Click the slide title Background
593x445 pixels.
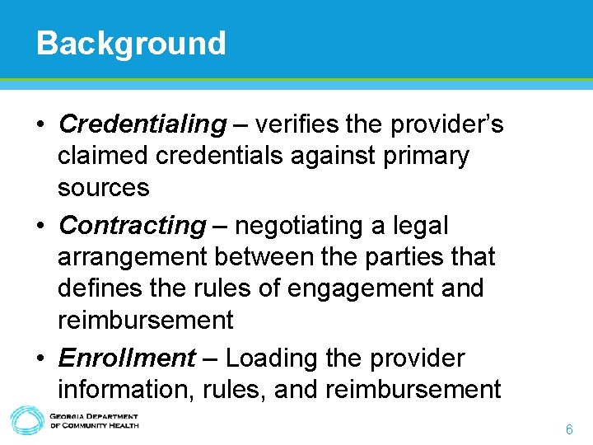(x=131, y=43)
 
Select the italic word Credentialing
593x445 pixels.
(x=142, y=124)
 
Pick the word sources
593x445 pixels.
(x=103, y=189)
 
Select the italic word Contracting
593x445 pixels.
(x=133, y=225)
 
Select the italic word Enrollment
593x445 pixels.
(x=127, y=358)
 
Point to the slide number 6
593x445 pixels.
(x=569, y=430)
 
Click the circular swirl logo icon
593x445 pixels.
(x=26, y=421)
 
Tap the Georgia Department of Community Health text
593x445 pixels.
(x=94, y=421)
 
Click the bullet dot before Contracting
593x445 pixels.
(x=40, y=225)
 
